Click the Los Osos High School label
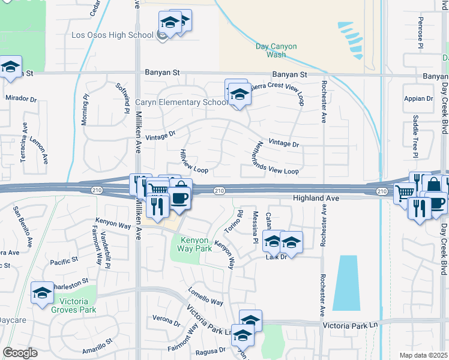click(112, 35)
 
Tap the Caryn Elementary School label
click(181, 102)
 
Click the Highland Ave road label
click(316, 198)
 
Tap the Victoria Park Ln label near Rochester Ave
click(352, 325)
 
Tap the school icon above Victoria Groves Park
click(42, 293)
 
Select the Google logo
click(20, 352)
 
